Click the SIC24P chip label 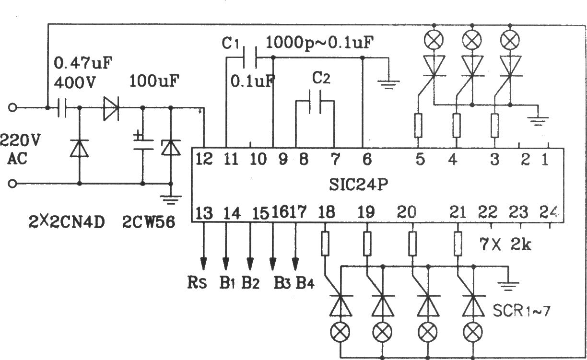coord(358,185)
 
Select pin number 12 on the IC coord(204,159)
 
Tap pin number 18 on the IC coord(326,212)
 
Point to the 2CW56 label coord(149,222)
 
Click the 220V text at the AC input coord(20,140)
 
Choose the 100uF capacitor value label coord(154,81)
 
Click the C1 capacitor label coord(230,43)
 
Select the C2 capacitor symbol coord(315,102)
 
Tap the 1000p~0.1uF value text coord(319,43)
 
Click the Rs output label coord(197,283)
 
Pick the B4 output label coord(305,283)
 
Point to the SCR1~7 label coord(521,311)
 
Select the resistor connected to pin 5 coord(418,126)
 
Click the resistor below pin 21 coord(458,244)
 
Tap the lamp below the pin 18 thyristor coord(340,332)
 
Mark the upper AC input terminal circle coord(12,108)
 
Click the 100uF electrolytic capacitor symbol coord(143,144)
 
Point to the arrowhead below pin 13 coord(204,264)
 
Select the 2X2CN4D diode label coord(67,222)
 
